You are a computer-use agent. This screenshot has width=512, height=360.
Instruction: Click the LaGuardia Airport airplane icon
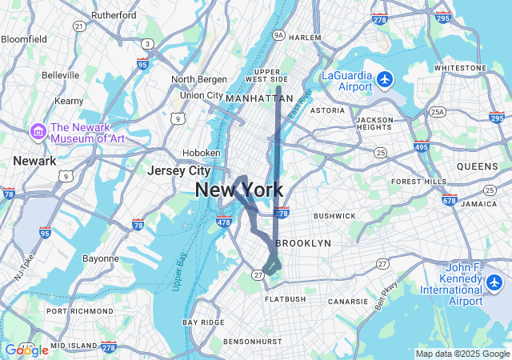click(x=386, y=78)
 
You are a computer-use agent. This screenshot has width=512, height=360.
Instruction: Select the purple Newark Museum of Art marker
click(x=38, y=130)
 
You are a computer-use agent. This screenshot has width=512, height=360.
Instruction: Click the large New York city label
click(x=238, y=190)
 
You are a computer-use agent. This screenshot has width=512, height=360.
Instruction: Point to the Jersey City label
click(x=178, y=170)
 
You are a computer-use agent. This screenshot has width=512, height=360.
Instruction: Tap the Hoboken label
click(x=202, y=152)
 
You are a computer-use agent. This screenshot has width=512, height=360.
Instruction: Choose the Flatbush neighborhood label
click(x=286, y=299)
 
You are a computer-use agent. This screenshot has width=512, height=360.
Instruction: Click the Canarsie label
click(x=346, y=302)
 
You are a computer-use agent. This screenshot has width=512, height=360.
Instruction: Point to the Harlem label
click(x=304, y=38)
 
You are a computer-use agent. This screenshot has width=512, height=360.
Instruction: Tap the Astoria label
click(x=327, y=110)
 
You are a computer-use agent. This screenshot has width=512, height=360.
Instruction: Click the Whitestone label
click(x=461, y=68)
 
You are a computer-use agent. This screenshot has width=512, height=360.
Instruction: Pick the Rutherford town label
click(x=114, y=14)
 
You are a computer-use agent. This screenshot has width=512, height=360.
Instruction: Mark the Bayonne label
click(x=100, y=258)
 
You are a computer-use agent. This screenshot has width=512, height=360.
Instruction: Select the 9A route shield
click(x=278, y=35)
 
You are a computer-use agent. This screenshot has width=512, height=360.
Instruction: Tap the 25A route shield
click(x=437, y=112)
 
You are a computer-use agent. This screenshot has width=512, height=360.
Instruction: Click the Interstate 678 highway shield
click(x=449, y=200)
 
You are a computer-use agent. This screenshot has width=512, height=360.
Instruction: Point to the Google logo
click(x=26, y=350)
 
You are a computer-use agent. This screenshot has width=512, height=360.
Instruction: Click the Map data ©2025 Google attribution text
click(x=462, y=354)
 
